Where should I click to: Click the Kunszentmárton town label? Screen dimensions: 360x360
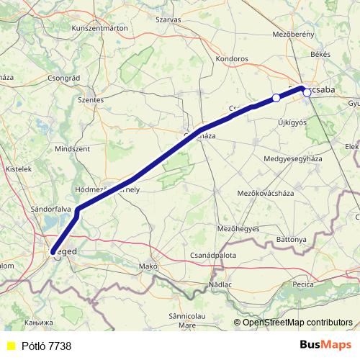(x=100, y=27)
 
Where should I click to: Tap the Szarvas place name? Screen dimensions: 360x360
(x=168, y=19)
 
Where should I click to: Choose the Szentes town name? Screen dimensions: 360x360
(x=91, y=100)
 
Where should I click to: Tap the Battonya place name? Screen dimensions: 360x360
(x=292, y=238)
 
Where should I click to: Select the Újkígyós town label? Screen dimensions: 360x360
(x=292, y=122)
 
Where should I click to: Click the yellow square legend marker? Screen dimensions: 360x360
(x=11, y=346)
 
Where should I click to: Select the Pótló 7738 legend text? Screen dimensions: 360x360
(x=47, y=346)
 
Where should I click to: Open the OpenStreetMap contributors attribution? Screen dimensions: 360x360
(x=297, y=323)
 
